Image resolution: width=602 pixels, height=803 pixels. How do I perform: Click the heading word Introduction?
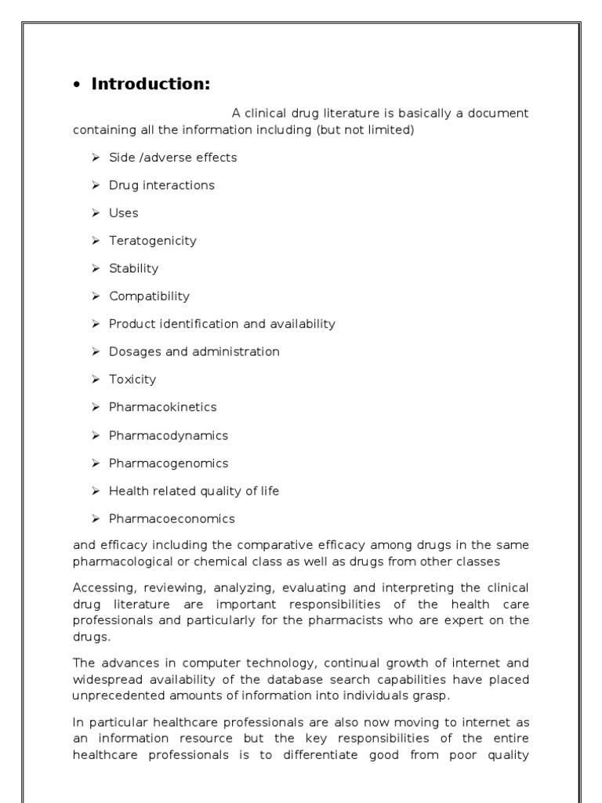(150, 85)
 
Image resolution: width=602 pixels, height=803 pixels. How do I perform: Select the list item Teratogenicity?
(152, 241)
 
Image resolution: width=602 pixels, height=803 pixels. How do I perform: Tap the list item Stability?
(133, 268)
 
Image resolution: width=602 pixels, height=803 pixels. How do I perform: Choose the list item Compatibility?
(149, 296)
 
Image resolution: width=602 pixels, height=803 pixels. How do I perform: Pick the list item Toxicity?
(132, 380)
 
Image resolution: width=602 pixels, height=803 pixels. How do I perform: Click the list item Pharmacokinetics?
(162, 407)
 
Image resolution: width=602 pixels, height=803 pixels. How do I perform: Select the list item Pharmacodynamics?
(168, 435)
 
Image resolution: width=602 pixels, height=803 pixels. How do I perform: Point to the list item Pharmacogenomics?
(169, 463)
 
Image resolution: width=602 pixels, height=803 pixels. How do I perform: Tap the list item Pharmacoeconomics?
(172, 518)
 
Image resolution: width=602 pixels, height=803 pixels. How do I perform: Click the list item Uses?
(123, 213)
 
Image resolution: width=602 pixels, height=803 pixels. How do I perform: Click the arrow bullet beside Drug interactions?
(95, 185)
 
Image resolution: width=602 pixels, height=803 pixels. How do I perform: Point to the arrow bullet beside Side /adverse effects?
(95, 158)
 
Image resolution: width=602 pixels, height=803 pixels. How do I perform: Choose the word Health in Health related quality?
(128, 491)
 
